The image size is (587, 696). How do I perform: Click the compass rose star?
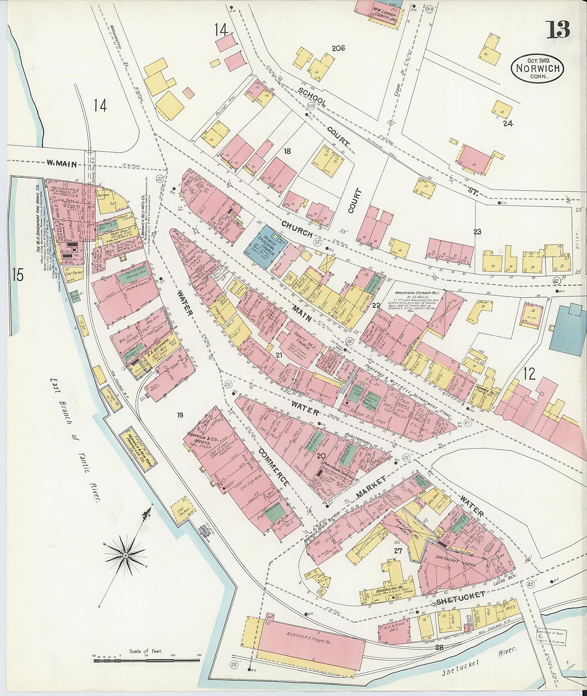tap(125, 555)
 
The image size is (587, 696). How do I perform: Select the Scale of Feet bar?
tap(147, 660)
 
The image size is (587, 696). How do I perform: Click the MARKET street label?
tap(370, 488)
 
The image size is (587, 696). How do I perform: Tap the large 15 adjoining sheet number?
tap(17, 274)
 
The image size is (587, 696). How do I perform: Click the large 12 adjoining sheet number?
tap(529, 374)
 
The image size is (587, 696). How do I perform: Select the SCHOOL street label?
tap(312, 96)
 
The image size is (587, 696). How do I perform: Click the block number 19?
tap(180, 415)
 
